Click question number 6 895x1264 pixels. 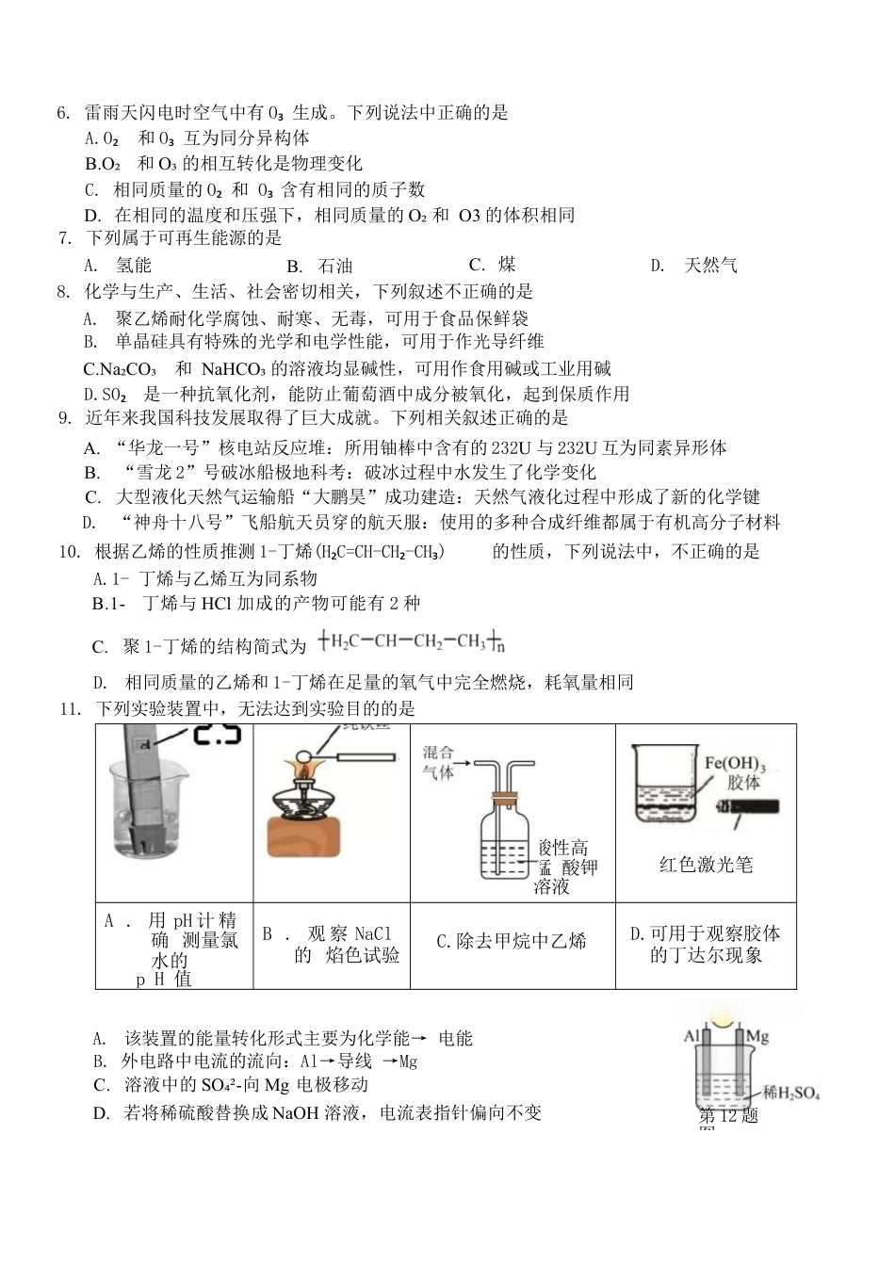click(x=63, y=113)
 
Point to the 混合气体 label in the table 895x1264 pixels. click(x=438, y=763)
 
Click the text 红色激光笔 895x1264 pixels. click(x=706, y=865)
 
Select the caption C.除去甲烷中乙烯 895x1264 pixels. click(x=512, y=941)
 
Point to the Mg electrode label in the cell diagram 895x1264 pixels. click(x=757, y=1036)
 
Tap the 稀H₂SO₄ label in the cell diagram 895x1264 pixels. click(x=790, y=1094)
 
